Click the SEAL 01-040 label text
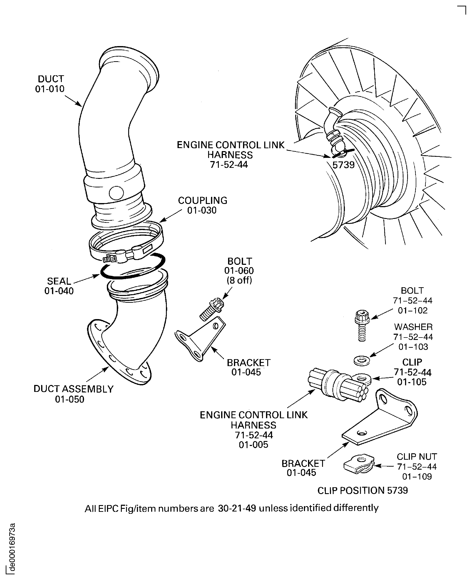tap(59, 286)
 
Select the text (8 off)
tap(239, 280)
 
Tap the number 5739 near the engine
tap(343, 165)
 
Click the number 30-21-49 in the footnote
tap(237, 508)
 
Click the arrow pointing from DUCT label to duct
tap(73, 101)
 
